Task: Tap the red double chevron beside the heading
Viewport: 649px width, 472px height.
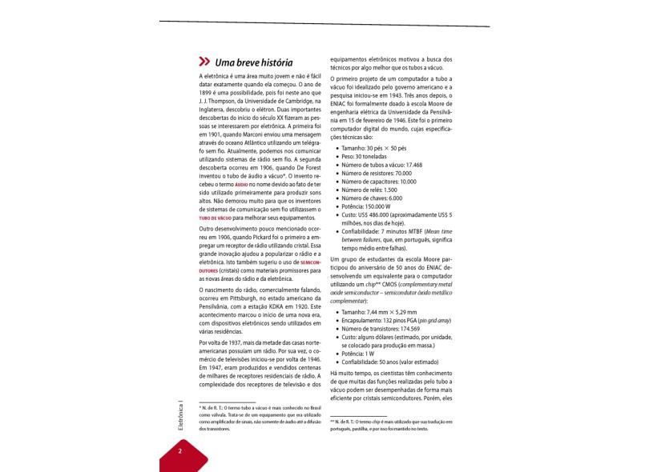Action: [204, 62]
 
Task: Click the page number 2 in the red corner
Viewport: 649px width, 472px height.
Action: [180, 451]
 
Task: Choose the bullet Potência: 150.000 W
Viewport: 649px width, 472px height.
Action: [373, 206]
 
